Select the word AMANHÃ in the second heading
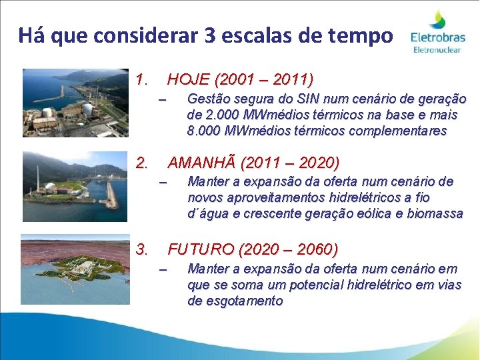(203, 163)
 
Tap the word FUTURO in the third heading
(199, 249)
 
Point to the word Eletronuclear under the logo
(437, 49)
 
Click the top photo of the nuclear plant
(75, 103)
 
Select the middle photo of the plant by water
(75, 177)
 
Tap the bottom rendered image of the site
(75, 269)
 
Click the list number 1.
(141, 81)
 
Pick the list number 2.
(141, 163)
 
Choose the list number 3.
(141, 249)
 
